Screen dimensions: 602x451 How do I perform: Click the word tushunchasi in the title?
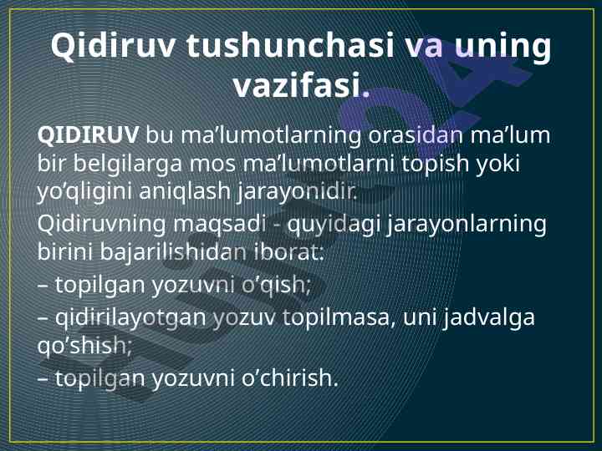(x=291, y=46)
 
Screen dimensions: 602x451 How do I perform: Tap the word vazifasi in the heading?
(x=297, y=85)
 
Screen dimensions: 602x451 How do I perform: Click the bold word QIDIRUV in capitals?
(x=88, y=135)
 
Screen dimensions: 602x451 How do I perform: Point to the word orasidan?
(x=416, y=135)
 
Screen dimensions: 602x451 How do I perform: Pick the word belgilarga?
(x=127, y=165)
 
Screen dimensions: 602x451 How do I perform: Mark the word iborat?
(x=288, y=252)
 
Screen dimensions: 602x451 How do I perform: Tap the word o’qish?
(x=276, y=286)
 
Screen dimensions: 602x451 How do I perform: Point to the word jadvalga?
(x=488, y=318)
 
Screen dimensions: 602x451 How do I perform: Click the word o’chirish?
(x=289, y=378)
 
